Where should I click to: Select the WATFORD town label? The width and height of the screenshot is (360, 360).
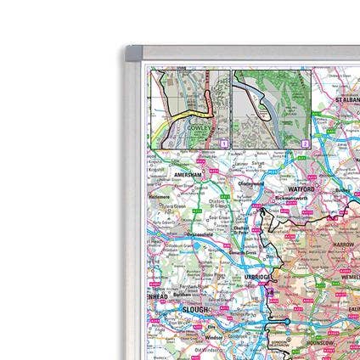[x=301, y=188]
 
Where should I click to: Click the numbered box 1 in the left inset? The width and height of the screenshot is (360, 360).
[x=223, y=144]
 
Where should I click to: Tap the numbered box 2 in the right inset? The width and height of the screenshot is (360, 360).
[x=305, y=144]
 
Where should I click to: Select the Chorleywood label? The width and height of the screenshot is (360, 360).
[x=252, y=183]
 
